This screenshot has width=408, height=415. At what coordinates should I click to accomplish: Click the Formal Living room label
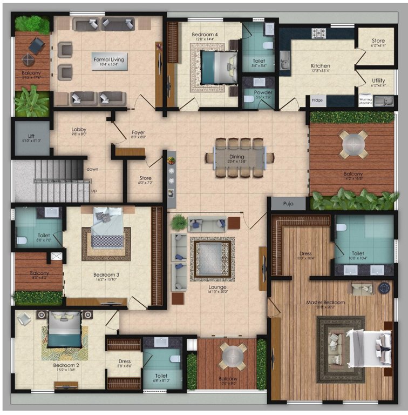(x=110, y=59)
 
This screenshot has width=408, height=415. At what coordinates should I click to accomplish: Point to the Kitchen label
(x=321, y=66)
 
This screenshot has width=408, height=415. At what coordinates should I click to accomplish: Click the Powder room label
(x=263, y=92)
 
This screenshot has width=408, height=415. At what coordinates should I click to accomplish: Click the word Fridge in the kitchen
(x=317, y=100)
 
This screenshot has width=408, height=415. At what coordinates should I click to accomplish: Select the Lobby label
(x=79, y=130)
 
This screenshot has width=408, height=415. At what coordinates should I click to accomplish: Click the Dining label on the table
(x=238, y=157)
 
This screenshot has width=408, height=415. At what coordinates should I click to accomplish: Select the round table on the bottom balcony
(x=233, y=356)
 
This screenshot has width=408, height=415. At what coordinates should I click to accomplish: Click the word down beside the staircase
(x=92, y=169)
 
